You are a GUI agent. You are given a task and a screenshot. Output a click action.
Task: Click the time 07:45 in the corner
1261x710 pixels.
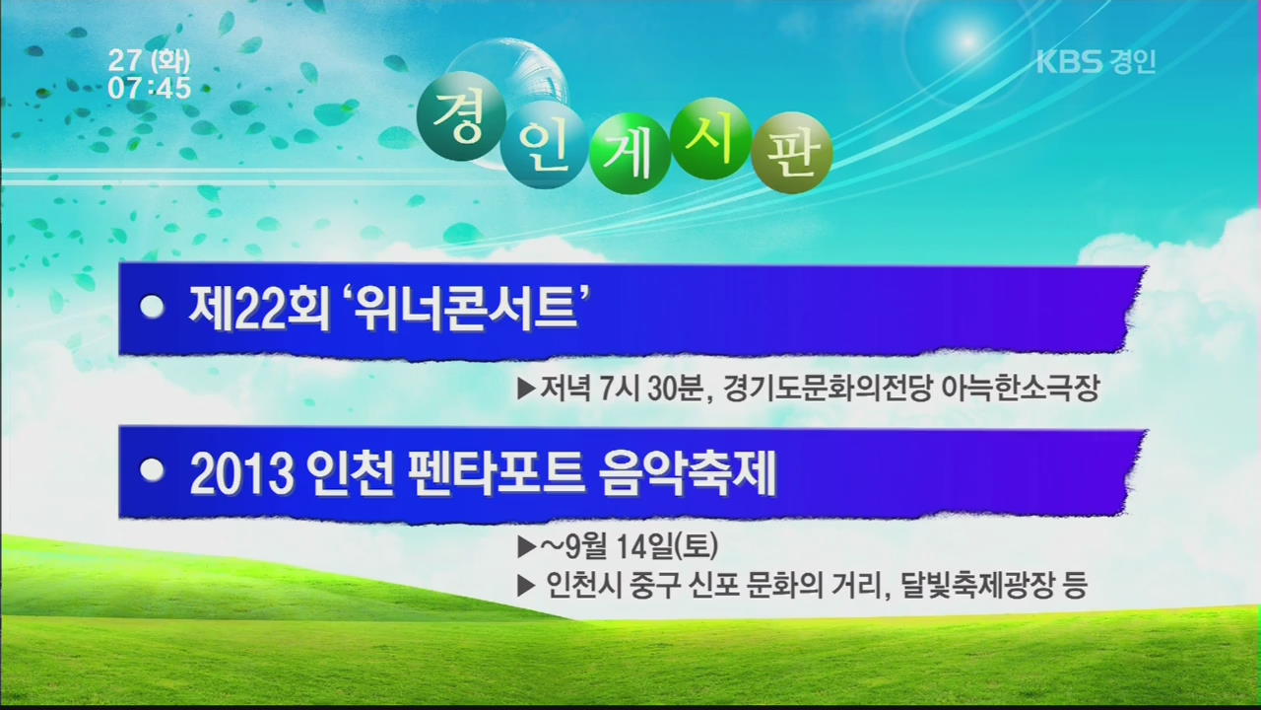(150, 89)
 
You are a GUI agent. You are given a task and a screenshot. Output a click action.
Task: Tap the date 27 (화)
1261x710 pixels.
(149, 61)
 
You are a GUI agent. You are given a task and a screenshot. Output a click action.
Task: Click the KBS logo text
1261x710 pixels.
(1070, 62)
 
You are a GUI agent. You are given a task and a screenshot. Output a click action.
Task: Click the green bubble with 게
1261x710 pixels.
(630, 153)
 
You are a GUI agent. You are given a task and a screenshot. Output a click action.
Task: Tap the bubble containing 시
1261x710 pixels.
(712, 139)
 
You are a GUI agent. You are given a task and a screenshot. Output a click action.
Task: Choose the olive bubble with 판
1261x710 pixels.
(792, 153)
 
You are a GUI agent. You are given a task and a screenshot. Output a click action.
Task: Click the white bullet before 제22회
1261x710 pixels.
(152, 307)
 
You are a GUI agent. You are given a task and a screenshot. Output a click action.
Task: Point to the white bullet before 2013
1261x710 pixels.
(152, 470)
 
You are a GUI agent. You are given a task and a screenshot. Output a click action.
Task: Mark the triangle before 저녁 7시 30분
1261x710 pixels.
(526, 389)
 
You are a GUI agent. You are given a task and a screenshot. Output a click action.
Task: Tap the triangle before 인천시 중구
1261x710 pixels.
(526, 586)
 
